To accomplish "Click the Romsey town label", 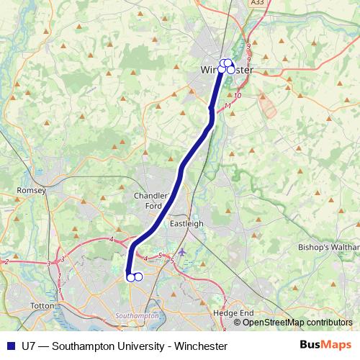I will tap(31, 191).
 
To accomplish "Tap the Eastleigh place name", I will tap(186, 224).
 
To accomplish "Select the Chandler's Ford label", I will tap(152, 200).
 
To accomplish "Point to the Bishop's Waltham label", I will tap(328, 247).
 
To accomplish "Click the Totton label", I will tap(42, 306).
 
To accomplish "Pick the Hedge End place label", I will tap(234, 314).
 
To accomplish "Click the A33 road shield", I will tap(258, 4).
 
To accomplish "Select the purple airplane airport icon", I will tap(182, 252).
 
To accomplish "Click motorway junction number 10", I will tap(238, 95).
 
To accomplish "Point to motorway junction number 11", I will tap(228, 107).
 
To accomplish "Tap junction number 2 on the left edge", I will tap(6, 261).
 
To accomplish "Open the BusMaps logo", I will tap(325, 346).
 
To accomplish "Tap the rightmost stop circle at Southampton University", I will tap(138, 276).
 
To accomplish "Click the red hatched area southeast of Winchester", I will tap(267, 107).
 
